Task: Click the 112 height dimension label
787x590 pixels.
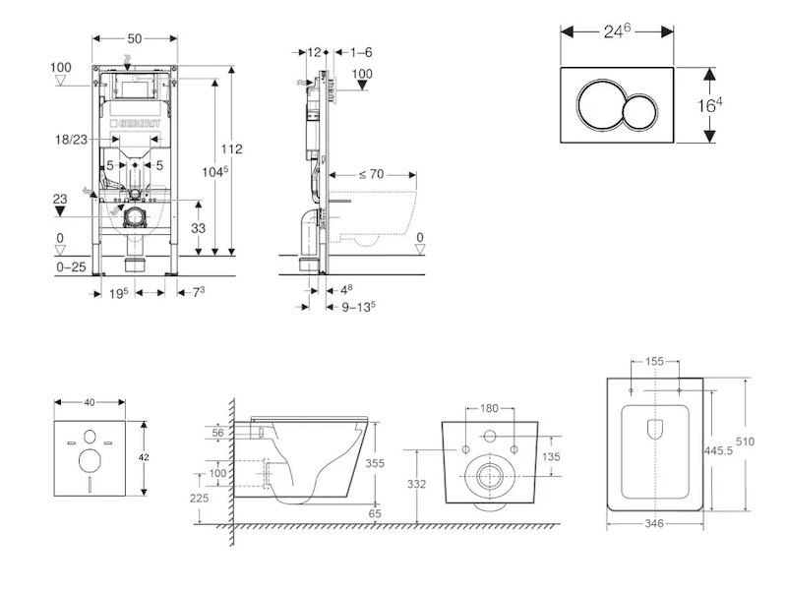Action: coord(232,149)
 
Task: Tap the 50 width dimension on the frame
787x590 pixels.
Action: coord(135,38)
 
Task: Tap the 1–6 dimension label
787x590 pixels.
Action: coord(360,51)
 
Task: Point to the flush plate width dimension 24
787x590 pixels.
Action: coord(618,30)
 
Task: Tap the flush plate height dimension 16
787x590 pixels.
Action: coord(722,105)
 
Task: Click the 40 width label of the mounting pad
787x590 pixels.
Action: coord(91,402)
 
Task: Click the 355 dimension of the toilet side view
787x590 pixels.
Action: coord(372,462)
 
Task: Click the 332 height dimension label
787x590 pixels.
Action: coord(417,483)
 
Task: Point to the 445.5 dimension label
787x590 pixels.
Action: coord(723,449)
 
